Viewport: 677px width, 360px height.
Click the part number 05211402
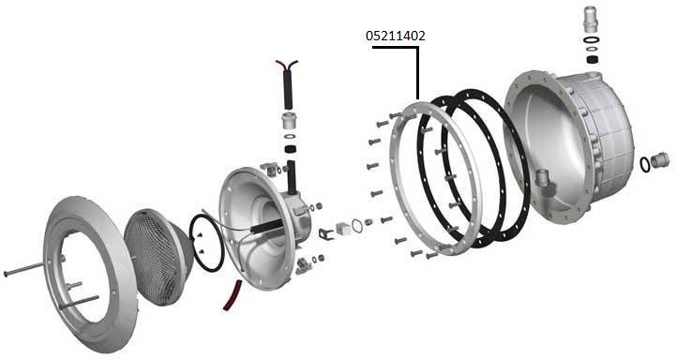pyautogui.click(x=396, y=36)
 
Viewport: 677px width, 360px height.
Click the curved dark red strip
pyautogui.click(x=232, y=294)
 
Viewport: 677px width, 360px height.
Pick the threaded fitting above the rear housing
pyautogui.click(x=592, y=19)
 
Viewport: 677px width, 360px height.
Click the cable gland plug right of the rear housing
pyautogui.click(x=660, y=159)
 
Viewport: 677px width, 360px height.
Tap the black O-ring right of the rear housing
pyautogui.click(x=645, y=164)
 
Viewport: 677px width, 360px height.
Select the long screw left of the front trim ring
pyautogui.click(x=23, y=269)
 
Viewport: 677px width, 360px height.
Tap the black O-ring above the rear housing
pyautogui.click(x=592, y=40)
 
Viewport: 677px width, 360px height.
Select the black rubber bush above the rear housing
pyautogui.click(x=592, y=59)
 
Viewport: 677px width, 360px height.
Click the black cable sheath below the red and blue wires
pyautogui.click(x=287, y=89)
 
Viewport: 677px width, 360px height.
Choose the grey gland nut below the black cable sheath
pyautogui.click(x=289, y=121)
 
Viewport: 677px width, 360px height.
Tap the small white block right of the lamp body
pyautogui.click(x=342, y=228)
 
